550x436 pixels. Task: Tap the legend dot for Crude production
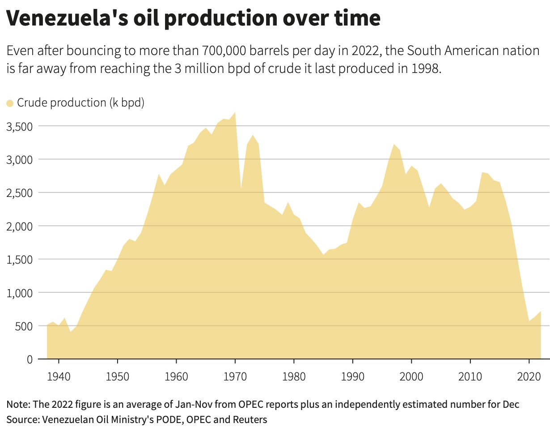pos(10,103)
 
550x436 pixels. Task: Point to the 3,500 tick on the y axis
pos(19,126)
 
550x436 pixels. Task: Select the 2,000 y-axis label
pos(19,226)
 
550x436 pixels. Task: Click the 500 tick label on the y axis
pos(24,326)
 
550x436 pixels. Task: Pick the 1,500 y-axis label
pos(19,260)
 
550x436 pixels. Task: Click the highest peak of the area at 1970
pos(235,112)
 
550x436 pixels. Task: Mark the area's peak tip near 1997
pos(393,144)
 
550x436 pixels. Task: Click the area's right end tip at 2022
pos(541,311)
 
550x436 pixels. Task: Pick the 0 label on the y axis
pos(30,359)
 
